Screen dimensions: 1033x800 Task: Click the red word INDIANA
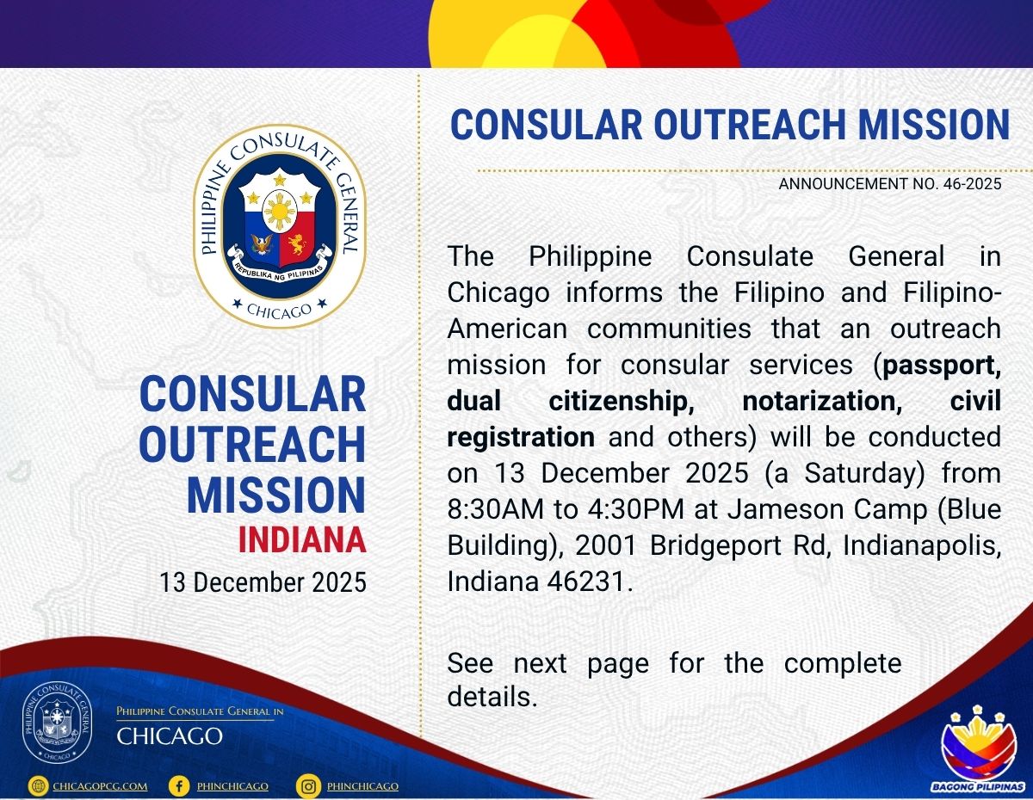(x=302, y=539)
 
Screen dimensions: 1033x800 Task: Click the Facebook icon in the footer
(x=179, y=785)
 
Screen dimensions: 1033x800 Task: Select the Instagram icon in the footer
(x=308, y=786)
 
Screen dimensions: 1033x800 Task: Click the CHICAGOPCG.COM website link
(x=101, y=786)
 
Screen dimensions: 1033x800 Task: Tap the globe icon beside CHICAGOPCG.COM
(x=38, y=786)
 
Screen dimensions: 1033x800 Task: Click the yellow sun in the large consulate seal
(x=280, y=211)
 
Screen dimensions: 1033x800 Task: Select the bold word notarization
(x=822, y=402)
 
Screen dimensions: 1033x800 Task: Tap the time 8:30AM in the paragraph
(x=495, y=509)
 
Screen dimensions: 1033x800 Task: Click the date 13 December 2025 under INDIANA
(x=263, y=582)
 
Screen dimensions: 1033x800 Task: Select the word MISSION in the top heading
(x=934, y=125)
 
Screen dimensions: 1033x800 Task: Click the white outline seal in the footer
(x=58, y=724)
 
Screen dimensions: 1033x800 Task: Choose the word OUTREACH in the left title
(x=252, y=444)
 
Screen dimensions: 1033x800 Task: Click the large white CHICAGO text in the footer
(x=170, y=736)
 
